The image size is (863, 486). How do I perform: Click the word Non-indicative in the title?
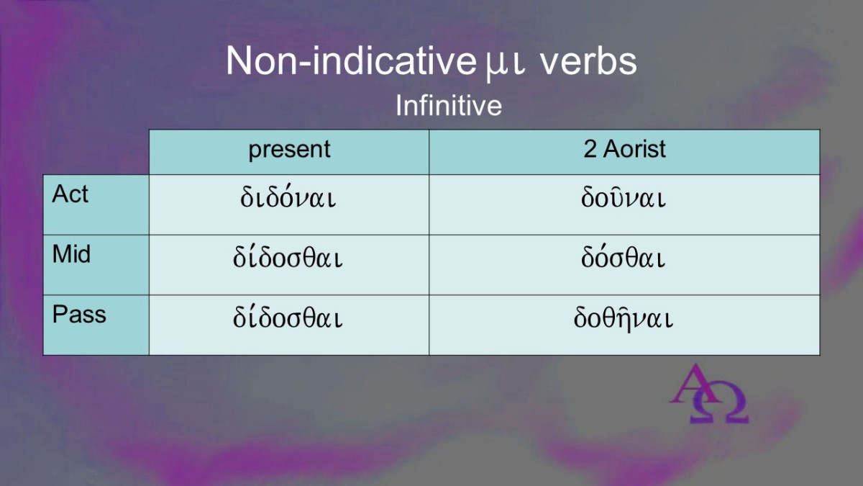351,61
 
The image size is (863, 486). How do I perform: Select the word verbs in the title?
589,61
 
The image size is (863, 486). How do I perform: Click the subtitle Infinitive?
449,105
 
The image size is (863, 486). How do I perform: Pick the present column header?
289,150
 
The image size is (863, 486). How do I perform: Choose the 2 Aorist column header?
624,149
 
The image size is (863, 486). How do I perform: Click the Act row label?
70,194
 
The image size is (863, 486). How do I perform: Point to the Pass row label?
79,314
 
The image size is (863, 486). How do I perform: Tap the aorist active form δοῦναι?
624,197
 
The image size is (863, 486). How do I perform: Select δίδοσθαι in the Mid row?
288,256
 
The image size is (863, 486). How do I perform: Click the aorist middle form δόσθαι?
623,256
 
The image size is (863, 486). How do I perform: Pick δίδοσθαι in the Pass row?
288,317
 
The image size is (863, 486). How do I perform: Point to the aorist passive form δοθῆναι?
624,318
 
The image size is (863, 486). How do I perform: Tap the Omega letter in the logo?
719,403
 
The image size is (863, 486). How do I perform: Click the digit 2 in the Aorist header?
590,149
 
